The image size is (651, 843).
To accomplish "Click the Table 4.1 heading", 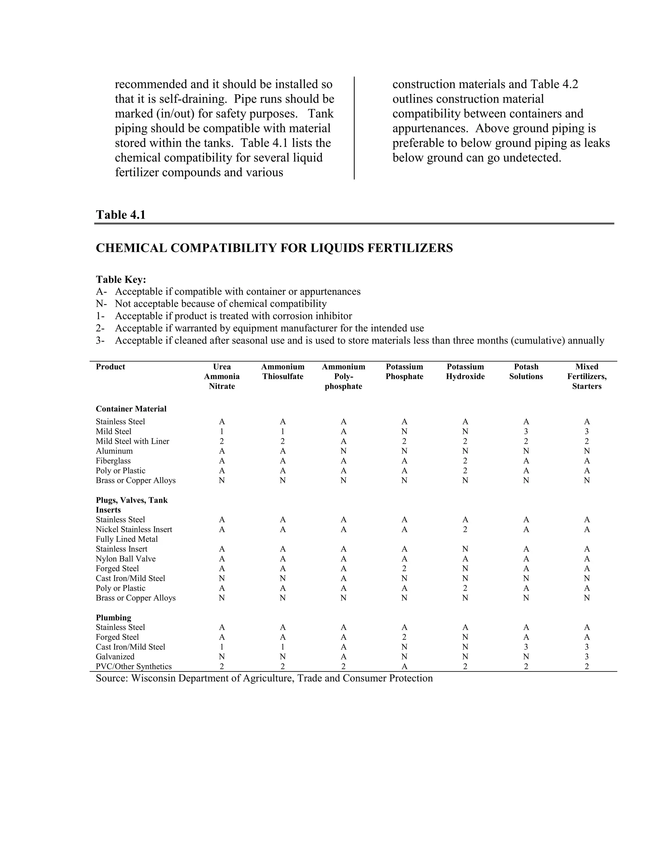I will [121, 215].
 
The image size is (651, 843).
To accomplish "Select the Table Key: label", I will [121, 279].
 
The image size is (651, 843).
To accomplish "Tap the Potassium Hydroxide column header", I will [465, 371].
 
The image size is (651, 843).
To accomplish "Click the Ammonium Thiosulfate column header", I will [283, 371].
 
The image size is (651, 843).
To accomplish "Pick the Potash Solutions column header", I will [526, 371].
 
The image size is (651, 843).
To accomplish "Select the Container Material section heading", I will [131, 409].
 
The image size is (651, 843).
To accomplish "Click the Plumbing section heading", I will [113, 617].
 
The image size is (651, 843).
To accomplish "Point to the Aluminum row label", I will [114, 451].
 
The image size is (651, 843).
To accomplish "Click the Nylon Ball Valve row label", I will [126, 559].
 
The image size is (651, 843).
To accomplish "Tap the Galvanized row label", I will [115, 657].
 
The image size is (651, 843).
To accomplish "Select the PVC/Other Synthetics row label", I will [134, 666].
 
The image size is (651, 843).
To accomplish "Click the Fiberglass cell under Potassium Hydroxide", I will [465, 461].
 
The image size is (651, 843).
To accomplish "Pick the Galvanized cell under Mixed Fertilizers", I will [586, 657].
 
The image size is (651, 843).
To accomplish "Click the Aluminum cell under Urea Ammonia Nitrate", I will [222, 451].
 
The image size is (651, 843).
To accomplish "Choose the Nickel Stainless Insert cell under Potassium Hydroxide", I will [465, 530].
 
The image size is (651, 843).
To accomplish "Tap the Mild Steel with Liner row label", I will [132, 441].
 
